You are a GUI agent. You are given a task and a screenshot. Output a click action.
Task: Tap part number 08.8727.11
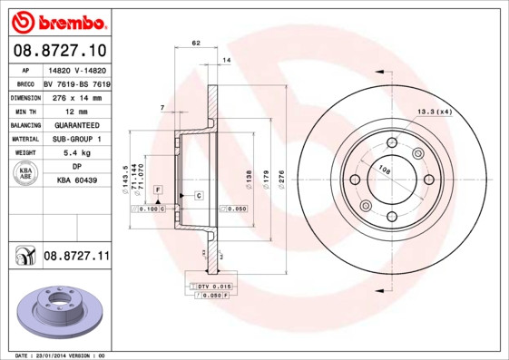(76, 258)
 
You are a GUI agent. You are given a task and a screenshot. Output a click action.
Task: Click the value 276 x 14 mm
(76, 97)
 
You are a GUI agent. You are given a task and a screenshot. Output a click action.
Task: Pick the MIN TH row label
(25, 111)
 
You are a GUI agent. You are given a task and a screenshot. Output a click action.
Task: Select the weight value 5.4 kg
(76, 153)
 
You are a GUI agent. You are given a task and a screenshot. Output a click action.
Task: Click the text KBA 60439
(76, 181)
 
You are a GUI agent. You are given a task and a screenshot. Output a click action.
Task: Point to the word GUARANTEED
(76, 125)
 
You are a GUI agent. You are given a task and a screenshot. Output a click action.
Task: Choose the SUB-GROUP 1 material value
(76, 140)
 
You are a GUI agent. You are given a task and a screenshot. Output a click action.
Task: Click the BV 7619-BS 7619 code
(76, 83)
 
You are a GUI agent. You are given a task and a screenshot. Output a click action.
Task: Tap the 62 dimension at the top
(196, 43)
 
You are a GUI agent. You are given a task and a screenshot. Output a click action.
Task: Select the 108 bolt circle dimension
(384, 170)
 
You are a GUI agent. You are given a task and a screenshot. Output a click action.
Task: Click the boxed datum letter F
(158, 188)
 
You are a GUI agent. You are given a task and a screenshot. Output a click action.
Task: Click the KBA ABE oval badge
(25, 174)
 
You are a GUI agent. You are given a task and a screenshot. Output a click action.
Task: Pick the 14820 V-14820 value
(76, 69)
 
